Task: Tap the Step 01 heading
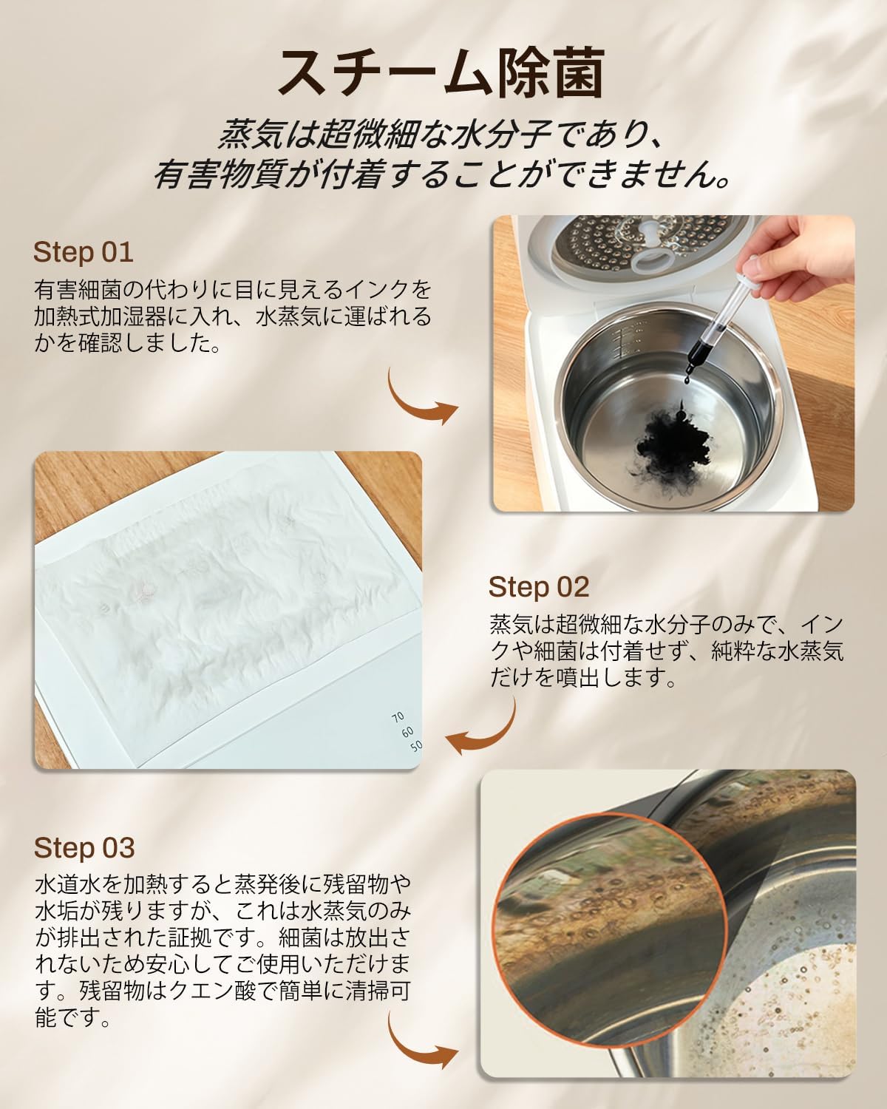point(83,252)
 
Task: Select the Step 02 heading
point(538,586)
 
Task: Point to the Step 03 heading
point(84,847)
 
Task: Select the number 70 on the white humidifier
point(398,716)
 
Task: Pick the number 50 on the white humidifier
point(416,745)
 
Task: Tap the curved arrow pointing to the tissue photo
point(484,728)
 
